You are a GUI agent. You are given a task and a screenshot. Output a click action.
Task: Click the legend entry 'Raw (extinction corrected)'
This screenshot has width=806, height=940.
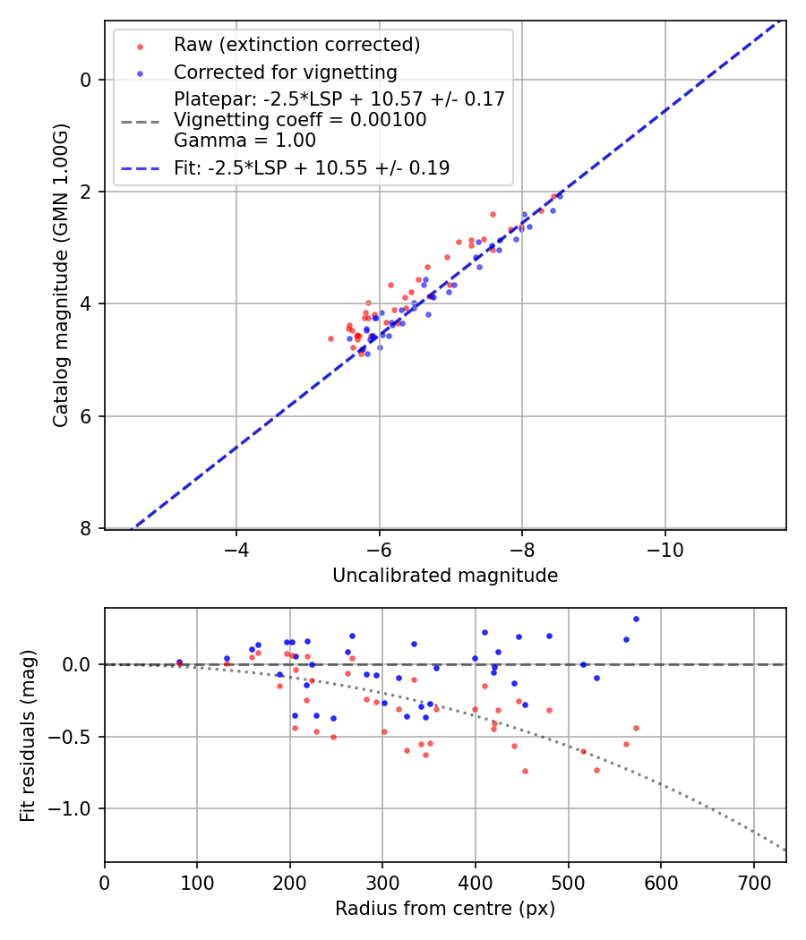(x=296, y=45)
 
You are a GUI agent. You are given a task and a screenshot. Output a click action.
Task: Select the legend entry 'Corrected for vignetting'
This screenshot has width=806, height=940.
(x=285, y=72)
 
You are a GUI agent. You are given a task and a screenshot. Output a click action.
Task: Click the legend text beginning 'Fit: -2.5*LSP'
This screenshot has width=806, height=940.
(x=312, y=167)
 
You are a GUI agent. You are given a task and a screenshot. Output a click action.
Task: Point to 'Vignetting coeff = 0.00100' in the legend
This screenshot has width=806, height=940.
(x=300, y=119)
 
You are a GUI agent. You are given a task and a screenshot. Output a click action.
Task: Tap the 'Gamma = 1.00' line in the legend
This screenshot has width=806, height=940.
(x=244, y=141)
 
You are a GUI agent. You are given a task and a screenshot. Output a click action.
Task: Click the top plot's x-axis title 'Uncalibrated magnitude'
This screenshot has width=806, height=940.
(x=445, y=576)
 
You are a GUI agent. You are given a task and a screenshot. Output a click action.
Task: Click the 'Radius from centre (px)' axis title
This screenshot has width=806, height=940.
(x=445, y=909)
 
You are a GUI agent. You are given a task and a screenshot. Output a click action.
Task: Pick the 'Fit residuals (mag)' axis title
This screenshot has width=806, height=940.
(x=28, y=735)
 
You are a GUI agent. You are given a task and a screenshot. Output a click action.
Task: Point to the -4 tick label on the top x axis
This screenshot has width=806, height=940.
(x=236, y=550)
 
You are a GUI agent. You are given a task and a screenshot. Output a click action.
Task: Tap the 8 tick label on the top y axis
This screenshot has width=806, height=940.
(x=86, y=529)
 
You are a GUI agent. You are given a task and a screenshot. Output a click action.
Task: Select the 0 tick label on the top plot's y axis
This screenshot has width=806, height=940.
(x=86, y=80)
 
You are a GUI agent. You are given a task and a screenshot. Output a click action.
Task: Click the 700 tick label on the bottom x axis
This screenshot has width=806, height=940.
(x=753, y=883)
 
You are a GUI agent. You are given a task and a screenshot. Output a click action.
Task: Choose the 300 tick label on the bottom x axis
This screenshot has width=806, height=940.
(x=382, y=883)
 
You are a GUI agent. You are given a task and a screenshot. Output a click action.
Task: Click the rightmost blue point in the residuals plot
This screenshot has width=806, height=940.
(x=636, y=619)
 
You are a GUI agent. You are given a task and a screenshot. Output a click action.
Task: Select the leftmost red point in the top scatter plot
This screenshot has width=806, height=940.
(x=330, y=338)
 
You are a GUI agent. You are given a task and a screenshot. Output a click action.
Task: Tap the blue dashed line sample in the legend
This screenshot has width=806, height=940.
(x=140, y=168)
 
